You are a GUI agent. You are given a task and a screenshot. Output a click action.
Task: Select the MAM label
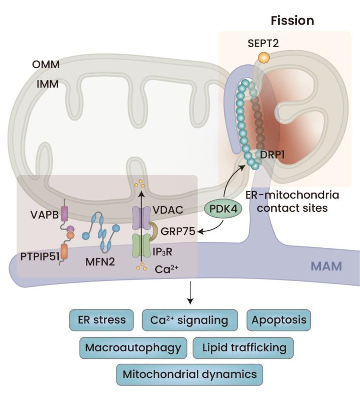326,265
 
